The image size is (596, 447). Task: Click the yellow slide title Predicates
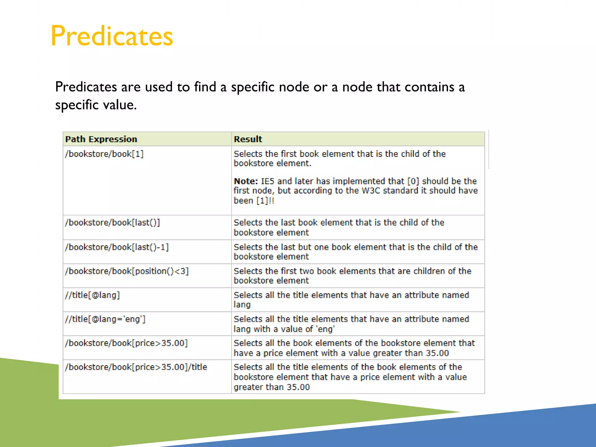click(112, 36)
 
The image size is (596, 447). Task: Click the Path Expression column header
click(101, 139)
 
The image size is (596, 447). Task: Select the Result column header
click(248, 139)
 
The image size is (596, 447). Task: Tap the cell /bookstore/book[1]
click(104, 154)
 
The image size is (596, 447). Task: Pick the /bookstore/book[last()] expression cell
click(113, 223)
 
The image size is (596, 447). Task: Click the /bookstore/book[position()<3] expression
click(127, 271)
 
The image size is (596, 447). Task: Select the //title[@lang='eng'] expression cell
click(105, 319)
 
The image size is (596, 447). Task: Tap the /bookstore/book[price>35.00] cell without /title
click(126, 343)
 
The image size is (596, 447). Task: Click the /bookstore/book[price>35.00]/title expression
click(136, 367)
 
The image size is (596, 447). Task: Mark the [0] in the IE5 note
click(413, 181)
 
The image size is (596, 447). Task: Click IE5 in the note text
click(268, 181)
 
